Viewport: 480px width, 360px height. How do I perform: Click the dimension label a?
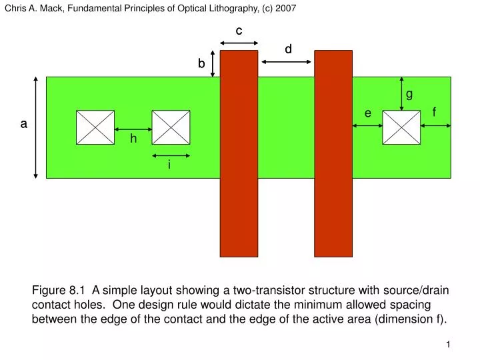point(23,124)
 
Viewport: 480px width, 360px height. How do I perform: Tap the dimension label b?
point(201,63)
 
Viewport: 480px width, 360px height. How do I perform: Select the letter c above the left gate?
point(239,31)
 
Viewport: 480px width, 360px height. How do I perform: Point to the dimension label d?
point(288,49)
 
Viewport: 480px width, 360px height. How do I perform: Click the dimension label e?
point(367,113)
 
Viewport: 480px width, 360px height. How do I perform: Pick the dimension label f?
point(434,112)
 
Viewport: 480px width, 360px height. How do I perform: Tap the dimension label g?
point(409,94)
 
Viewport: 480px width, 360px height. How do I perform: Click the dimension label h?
point(133,139)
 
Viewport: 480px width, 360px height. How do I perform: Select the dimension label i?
point(169,165)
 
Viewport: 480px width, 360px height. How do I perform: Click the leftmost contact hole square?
point(95,127)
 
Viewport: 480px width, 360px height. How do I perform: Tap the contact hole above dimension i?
point(171,127)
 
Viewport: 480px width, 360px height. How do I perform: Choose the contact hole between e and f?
point(401,127)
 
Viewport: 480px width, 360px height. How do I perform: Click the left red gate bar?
point(239,154)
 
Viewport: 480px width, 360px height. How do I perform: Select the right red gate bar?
point(333,154)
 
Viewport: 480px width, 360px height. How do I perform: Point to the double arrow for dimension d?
point(286,62)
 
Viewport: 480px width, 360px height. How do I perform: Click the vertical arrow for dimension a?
point(36,127)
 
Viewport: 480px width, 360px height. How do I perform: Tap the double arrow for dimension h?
point(133,129)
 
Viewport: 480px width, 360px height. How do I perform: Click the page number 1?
point(448,345)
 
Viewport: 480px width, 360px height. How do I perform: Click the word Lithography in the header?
point(233,8)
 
